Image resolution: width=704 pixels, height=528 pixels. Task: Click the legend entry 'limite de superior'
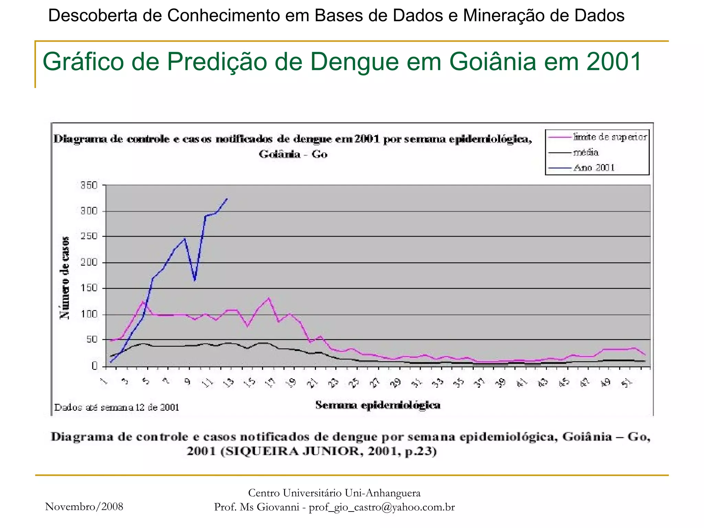tap(610, 137)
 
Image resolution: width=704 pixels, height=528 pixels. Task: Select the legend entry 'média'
tap(586, 152)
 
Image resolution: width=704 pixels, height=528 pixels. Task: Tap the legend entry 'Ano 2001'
tap(594, 168)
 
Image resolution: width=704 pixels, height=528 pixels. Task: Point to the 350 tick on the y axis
tap(89, 185)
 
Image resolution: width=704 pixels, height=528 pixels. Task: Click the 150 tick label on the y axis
tap(89, 288)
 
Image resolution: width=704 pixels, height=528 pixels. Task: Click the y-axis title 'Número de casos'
tap(64, 278)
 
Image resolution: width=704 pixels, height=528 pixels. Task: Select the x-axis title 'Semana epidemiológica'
tap(378, 405)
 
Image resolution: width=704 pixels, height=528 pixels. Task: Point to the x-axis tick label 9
tap(188, 382)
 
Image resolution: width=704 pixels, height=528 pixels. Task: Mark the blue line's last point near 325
tap(227, 199)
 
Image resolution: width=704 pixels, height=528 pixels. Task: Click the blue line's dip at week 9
tap(195, 280)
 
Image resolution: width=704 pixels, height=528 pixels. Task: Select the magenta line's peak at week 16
tap(269, 298)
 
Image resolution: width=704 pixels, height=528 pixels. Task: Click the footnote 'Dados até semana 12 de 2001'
tap(117, 408)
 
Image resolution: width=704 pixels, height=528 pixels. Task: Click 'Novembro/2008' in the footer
tap(84, 506)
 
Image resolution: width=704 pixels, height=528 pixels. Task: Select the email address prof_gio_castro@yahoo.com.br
tap(382, 507)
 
